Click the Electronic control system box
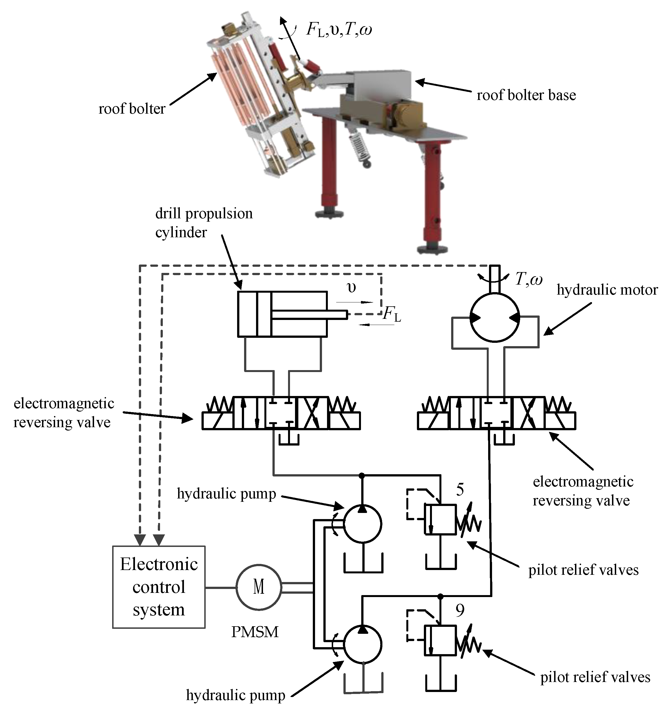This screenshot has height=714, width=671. tap(159, 586)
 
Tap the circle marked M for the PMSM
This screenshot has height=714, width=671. tap(259, 587)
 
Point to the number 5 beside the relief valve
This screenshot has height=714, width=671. tap(460, 490)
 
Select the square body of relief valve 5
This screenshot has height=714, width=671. tap(440, 520)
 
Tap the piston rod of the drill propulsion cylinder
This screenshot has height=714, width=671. tap(309, 315)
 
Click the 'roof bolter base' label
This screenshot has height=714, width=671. tap(526, 96)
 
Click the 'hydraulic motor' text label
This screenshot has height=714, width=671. tap(607, 290)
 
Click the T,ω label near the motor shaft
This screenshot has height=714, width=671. tap(529, 279)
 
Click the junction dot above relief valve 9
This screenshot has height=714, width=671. tap(441, 596)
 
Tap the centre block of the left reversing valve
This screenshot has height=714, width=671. tap(281, 413)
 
